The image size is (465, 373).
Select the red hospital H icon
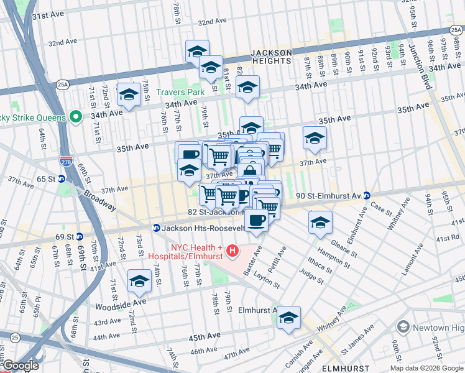[x=233, y=251]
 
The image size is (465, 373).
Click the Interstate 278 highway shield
[x=66, y=162]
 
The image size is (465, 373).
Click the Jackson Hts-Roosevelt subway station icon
[x=157, y=228]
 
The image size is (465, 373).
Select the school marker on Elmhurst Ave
[x=288, y=318]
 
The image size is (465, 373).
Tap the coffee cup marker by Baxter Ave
[x=256, y=219]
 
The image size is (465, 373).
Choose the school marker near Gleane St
[x=320, y=223]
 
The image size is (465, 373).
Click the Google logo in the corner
[x=21, y=366]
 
